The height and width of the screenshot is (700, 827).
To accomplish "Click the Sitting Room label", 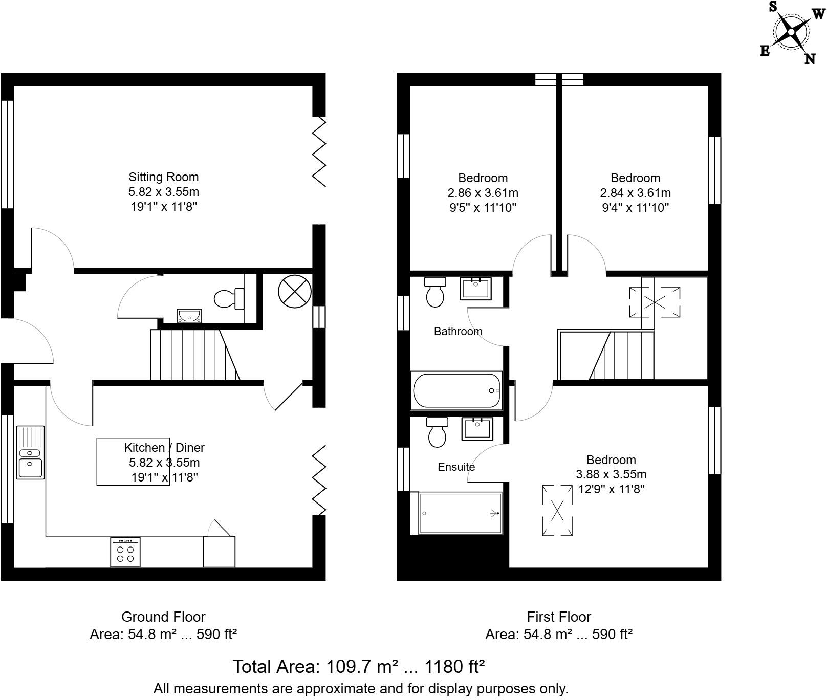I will click(x=163, y=177).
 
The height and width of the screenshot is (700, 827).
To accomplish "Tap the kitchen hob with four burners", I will click(x=125, y=552).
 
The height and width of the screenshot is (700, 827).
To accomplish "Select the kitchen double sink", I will click(x=31, y=452).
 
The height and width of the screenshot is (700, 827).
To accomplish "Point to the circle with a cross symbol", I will click(x=295, y=291).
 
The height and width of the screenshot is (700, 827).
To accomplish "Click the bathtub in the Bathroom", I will click(x=456, y=390).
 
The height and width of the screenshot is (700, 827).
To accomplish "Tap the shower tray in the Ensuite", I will click(x=461, y=513).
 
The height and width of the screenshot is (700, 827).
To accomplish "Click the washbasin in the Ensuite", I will click(x=477, y=429).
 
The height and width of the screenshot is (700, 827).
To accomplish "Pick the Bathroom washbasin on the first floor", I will click(x=475, y=289).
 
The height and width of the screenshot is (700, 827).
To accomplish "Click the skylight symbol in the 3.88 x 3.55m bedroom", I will click(x=557, y=510).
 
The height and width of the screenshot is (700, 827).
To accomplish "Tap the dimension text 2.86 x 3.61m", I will click(x=483, y=193).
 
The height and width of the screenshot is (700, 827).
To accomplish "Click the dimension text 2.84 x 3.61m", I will click(x=635, y=193).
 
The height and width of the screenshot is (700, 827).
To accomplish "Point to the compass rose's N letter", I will click(x=810, y=59).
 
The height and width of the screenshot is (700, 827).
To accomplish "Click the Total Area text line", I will click(x=358, y=667).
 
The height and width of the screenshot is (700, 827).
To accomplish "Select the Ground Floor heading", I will click(x=163, y=617).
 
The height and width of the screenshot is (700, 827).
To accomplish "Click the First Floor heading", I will click(x=559, y=617).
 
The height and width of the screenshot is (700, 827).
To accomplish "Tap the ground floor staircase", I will click(x=194, y=355).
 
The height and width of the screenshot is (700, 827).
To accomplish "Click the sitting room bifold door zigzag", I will click(x=319, y=151).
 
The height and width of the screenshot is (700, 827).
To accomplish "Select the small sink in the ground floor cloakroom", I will click(x=189, y=316).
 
